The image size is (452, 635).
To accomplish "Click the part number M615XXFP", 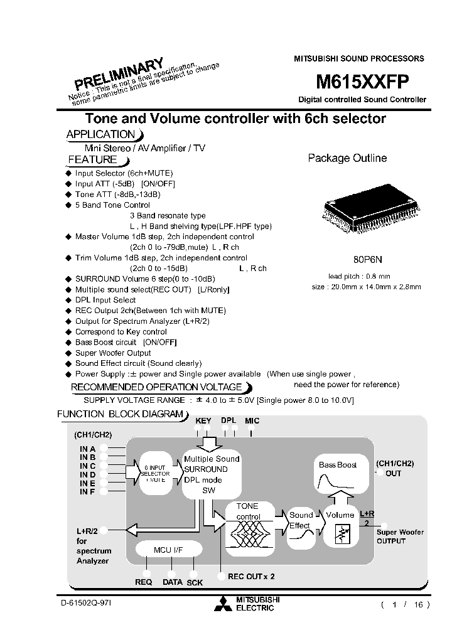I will [x=362, y=82].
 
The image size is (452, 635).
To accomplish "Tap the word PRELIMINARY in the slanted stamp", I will [x=119, y=73].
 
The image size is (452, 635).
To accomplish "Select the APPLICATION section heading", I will [x=101, y=134].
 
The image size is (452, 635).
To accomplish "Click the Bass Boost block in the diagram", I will [x=338, y=474].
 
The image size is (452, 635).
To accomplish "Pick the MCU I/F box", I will [x=168, y=550].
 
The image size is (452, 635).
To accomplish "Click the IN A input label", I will [x=87, y=449].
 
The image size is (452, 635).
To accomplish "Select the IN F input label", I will [x=87, y=491].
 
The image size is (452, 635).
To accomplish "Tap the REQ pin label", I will [x=144, y=582].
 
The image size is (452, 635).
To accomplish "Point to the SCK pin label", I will [x=195, y=582].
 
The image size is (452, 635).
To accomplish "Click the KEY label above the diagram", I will [x=203, y=420].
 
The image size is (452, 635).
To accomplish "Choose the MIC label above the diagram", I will [x=252, y=420].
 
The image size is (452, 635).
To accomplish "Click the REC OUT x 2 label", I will [x=251, y=576].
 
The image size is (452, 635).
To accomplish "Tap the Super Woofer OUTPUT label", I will [x=400, y=536].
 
